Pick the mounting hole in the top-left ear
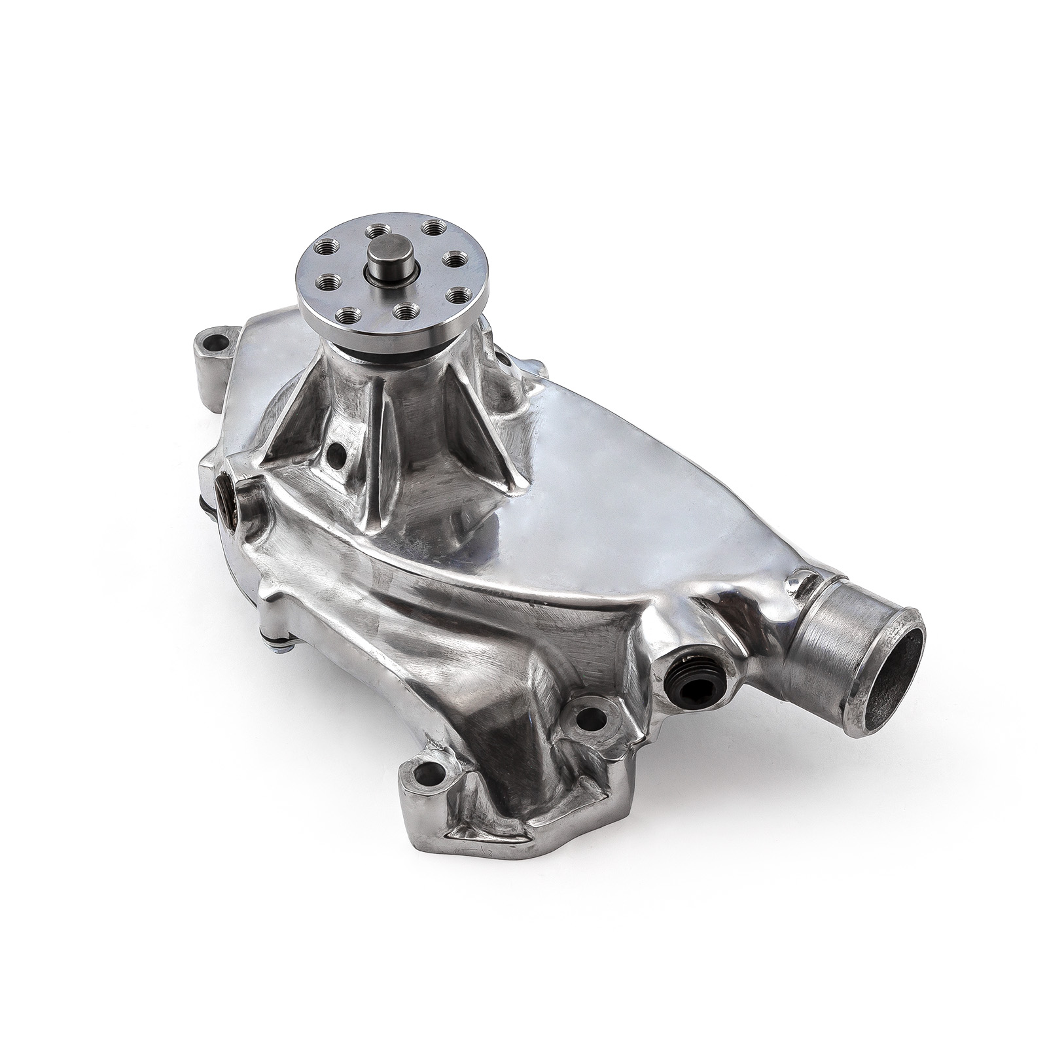click(214, 342)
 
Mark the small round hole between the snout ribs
click(336, 452)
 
